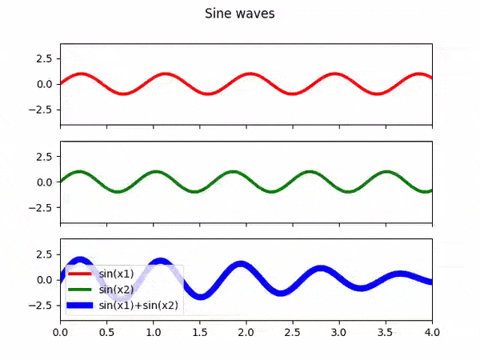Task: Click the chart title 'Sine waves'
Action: pos(240,14)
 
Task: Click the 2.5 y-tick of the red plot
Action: pos(44,58)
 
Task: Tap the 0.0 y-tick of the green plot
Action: pos(44,182)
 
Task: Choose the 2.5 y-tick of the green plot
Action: pos(44,156)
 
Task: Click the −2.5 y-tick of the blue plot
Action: pos(41,305)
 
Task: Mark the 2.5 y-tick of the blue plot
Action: pos(44,254)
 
